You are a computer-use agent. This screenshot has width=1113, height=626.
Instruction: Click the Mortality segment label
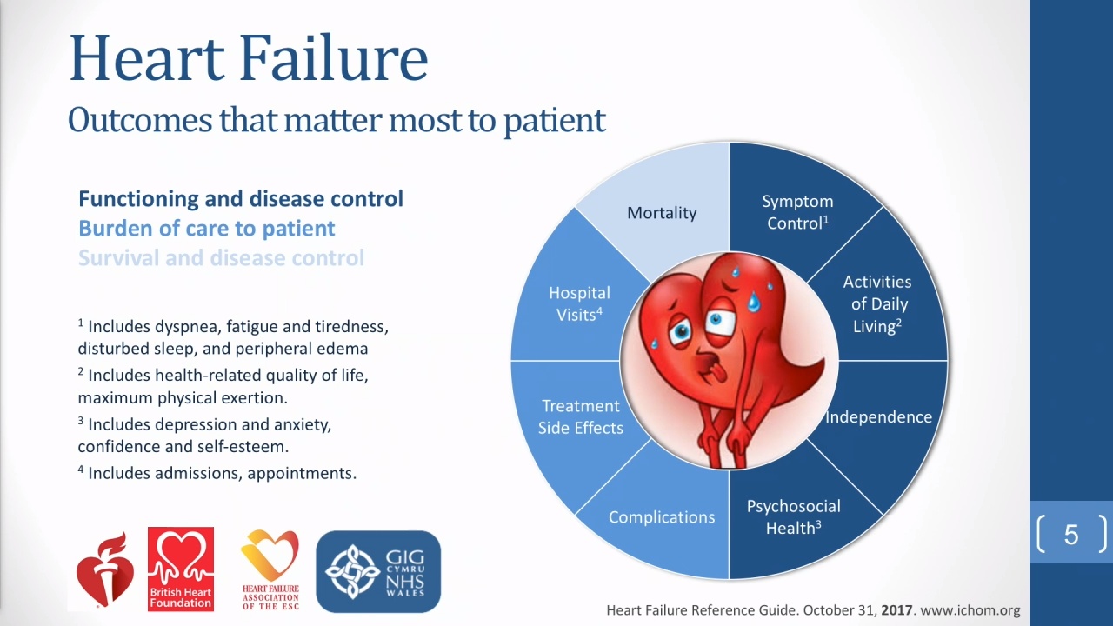click(662, 213)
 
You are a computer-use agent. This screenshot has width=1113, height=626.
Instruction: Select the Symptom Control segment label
click(797, 212)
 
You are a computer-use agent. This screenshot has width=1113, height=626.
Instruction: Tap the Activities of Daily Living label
click(877, 304)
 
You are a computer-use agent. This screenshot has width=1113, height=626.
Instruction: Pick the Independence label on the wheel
click(878, 416)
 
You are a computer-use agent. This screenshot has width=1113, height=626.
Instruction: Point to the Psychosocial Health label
click(794, 517)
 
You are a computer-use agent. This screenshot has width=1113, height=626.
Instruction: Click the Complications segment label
click(662, 517)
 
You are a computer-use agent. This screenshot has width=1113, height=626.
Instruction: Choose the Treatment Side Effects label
click(580, 416)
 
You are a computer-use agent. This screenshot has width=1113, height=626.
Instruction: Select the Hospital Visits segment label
click(579, 303)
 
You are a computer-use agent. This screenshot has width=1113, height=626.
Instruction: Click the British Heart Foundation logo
click(181, 569)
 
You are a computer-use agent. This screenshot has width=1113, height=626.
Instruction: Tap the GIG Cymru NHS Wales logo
click(378, 571)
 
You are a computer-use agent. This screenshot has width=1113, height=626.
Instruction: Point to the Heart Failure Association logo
click(270, 569)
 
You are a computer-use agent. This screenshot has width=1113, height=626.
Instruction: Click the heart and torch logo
click(105, 569)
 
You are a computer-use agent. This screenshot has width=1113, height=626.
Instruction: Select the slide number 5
click(1071, 535)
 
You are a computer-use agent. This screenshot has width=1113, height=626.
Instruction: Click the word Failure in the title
click(333, 57)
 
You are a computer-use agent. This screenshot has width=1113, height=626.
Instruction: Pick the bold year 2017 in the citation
click(896, 610)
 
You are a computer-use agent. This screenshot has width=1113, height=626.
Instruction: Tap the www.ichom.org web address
click(970, 610)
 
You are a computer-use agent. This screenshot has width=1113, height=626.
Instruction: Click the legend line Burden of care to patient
click(207, 229)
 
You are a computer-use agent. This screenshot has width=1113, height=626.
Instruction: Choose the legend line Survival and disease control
click(221, 258)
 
